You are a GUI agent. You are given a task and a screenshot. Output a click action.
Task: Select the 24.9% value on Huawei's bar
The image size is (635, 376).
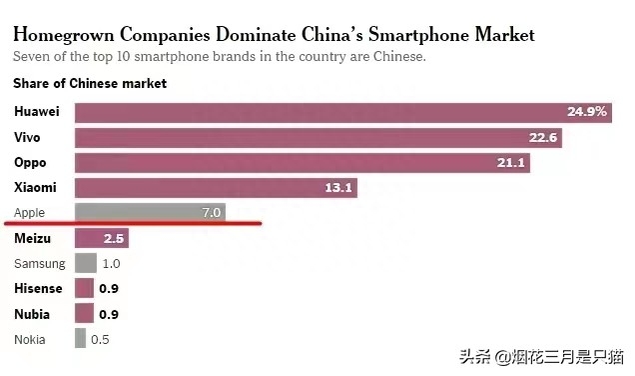(x=586, y=111)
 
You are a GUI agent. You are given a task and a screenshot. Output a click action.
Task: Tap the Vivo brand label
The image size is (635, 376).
(x=28, y=136)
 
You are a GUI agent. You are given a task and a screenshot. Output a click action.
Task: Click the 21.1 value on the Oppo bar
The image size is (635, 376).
(x=523, y=162)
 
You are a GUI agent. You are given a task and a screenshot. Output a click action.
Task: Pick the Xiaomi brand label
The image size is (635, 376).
(x=36, y=187)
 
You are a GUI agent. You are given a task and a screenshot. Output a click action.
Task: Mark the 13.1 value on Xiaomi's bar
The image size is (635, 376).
(x=336, y=187)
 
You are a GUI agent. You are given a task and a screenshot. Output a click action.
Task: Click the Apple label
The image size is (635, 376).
(x=31, y=212)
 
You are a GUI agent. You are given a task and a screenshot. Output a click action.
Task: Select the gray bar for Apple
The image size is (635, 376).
(x=150, y=212)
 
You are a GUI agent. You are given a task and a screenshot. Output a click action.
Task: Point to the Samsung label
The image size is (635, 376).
(x=40, y=263)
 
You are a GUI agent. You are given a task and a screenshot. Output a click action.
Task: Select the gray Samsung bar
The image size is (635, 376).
(x=86, y=263)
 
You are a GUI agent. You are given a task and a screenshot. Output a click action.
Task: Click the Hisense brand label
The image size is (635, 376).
(x=39, y=288)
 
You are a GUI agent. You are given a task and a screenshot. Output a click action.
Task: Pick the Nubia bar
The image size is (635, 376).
(x=84, y=313)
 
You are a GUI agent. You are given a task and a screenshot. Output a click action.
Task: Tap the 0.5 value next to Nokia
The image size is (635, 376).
(x=100, y=339)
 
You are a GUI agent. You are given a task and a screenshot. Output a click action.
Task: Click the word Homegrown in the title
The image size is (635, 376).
(x=64, y=34)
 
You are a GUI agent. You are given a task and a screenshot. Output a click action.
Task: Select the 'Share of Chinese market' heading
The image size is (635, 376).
(x=90, y=83)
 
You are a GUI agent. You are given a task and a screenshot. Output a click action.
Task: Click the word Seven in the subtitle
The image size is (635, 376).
(x=32, y=57)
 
